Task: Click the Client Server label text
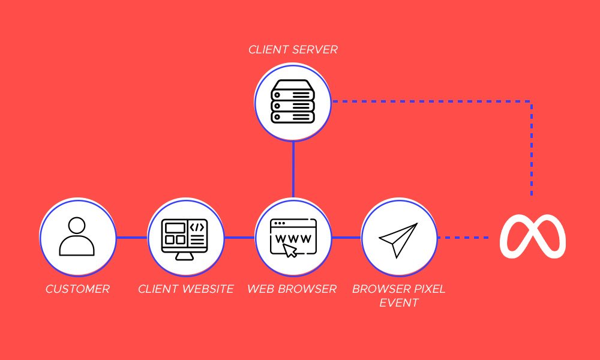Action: pyautogui.click(x=293, y=49)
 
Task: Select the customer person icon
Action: pyautogui.click(x=77, y=238)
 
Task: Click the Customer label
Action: pyautogui.click(x=77, y=289)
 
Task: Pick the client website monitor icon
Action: pyautogui.click(x=185, y=238)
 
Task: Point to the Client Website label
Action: pyautogui.click(x=185, y=289)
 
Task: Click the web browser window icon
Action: pyautogui.click(x=293, y=238)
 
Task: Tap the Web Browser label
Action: pyautogui.click(x=292, y=289)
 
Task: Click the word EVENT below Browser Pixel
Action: pyautogui.click(x=399, y=303)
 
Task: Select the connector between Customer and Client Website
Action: pyautogui.click(x=131, y=238)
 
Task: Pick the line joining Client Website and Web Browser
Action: pyautogui.click(x=239, y=238)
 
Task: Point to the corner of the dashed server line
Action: pyautogui.click(x=532, y=101)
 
